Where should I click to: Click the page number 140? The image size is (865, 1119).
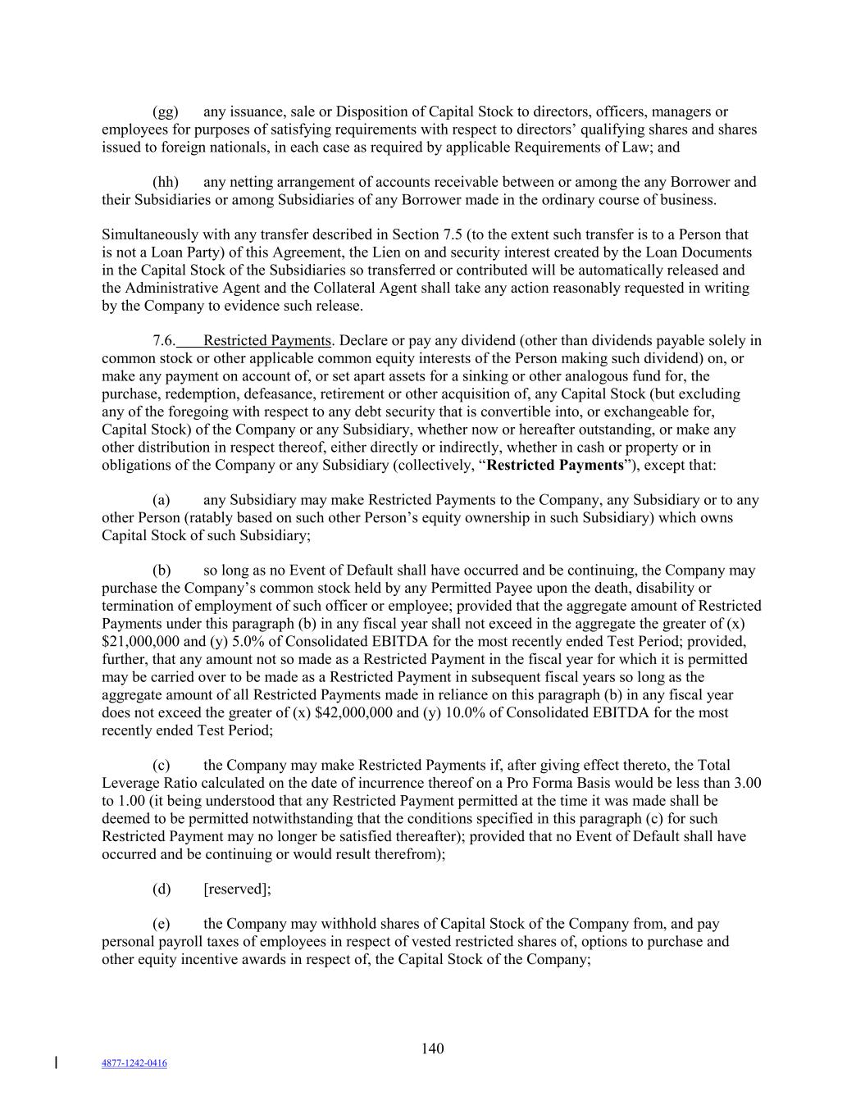point(432,1048)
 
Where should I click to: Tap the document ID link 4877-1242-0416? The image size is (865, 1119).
point(134,1063)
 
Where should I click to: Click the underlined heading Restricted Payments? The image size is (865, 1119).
point(266,340)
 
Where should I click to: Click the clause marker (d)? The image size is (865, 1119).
point(162,889)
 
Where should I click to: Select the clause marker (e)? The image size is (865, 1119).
point(162,924)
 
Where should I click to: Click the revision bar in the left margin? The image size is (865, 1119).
point(56,1063)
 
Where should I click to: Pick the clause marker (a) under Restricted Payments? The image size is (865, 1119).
point(162,500)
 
